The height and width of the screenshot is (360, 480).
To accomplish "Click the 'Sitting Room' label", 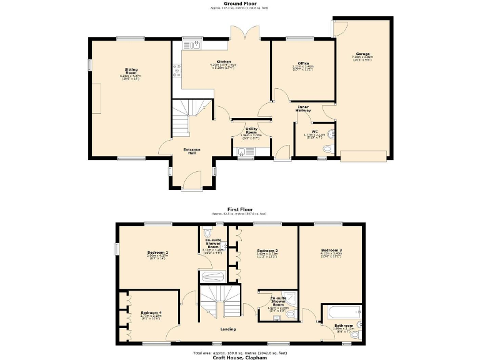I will pos(131,70).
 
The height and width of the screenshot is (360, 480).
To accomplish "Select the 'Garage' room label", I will pos(363,54).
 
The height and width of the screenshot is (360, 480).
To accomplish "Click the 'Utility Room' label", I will pos(251,130).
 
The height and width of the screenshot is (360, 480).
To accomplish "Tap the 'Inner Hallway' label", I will pos(303,109).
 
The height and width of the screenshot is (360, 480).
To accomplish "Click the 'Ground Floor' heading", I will pos(239,3).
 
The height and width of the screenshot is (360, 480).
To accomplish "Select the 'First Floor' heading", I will pos(239,210).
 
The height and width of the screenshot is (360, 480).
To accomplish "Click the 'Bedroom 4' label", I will pos(151,312).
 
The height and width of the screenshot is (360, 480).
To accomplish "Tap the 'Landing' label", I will pos(228,329).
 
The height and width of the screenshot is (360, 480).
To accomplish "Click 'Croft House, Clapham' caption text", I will pos(239,357).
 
